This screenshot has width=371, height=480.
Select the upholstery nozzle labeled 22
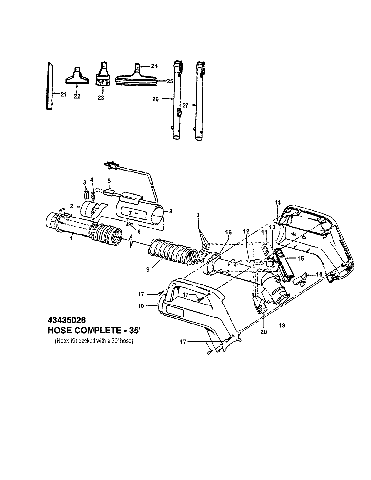click(77, 76)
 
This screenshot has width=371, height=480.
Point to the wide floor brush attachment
click(137, 77)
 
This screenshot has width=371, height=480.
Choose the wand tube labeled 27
click(200, 101)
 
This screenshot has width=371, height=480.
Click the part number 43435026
click(67, 320)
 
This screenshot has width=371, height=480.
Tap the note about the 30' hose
click(94, 341)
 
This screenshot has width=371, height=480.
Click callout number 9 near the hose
click(148, 270)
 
